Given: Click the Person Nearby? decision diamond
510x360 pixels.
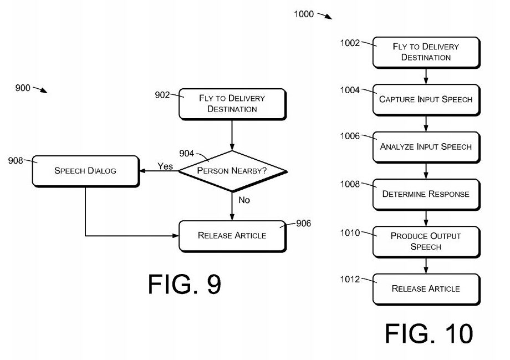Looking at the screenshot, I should [232, 171].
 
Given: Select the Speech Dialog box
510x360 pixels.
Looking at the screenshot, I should [85, 171].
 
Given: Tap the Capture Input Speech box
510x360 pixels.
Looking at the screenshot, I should [425, 99].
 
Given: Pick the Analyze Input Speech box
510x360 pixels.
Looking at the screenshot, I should [425, 147].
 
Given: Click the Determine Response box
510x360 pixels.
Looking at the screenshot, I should [425, 194].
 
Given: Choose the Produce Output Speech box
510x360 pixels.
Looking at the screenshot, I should [425, 241].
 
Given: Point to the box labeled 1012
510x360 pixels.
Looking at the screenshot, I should [425, 288].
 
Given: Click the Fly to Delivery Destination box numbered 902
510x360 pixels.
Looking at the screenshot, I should [232, 104].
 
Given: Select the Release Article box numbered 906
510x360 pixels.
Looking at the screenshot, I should [232, 235].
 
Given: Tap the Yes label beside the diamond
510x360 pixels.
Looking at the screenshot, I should [165, 166].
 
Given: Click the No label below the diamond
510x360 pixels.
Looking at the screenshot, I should [244, 200].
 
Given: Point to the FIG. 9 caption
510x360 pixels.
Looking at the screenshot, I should [185, 284].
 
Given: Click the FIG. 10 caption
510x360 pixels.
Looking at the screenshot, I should [429, 333].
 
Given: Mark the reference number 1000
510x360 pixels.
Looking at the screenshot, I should [304, 14].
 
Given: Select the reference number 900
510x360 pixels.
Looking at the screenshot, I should [23, 88].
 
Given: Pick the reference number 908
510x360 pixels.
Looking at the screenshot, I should [16, 160].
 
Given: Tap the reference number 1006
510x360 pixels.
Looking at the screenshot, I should [350, 136].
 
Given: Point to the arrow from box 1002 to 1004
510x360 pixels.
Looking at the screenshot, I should [425, 75].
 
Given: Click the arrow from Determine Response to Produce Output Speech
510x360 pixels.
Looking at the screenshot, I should [425, 217].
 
